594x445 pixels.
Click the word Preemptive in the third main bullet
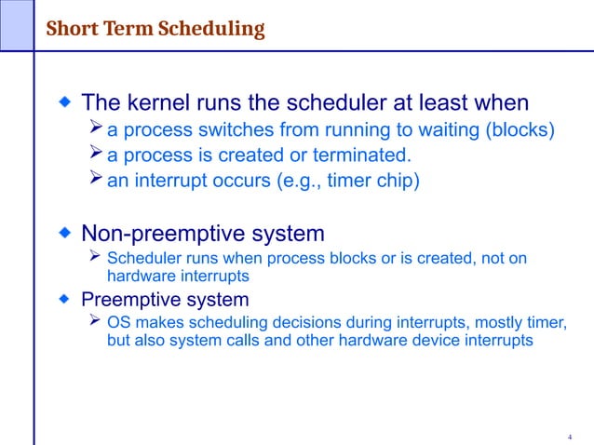[129, 300]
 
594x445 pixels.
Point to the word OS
[119, 323]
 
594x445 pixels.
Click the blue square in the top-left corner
[16, 24]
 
